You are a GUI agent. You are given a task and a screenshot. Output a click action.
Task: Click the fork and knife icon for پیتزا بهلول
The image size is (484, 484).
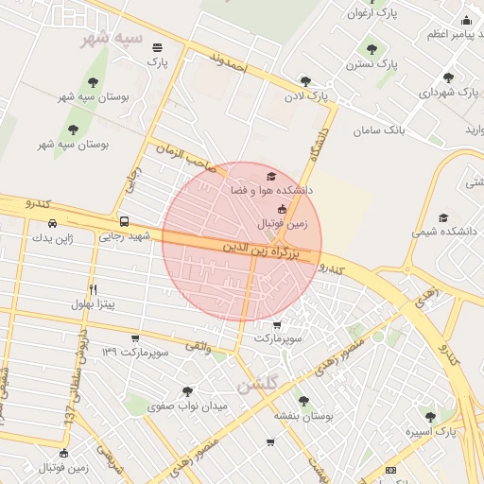tap(93, 289)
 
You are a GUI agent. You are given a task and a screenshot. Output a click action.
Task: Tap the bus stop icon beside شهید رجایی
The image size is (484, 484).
tap(124, 221)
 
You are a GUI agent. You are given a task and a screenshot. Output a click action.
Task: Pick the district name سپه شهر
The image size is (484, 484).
tap(112, 39)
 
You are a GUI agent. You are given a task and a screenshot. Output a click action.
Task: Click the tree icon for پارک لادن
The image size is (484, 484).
tap(304, 81)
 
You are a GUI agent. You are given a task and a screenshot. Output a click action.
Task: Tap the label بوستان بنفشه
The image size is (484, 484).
tap(301, 415)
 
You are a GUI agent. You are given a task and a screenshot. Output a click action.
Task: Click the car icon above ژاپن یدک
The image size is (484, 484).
tap(52, 224)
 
